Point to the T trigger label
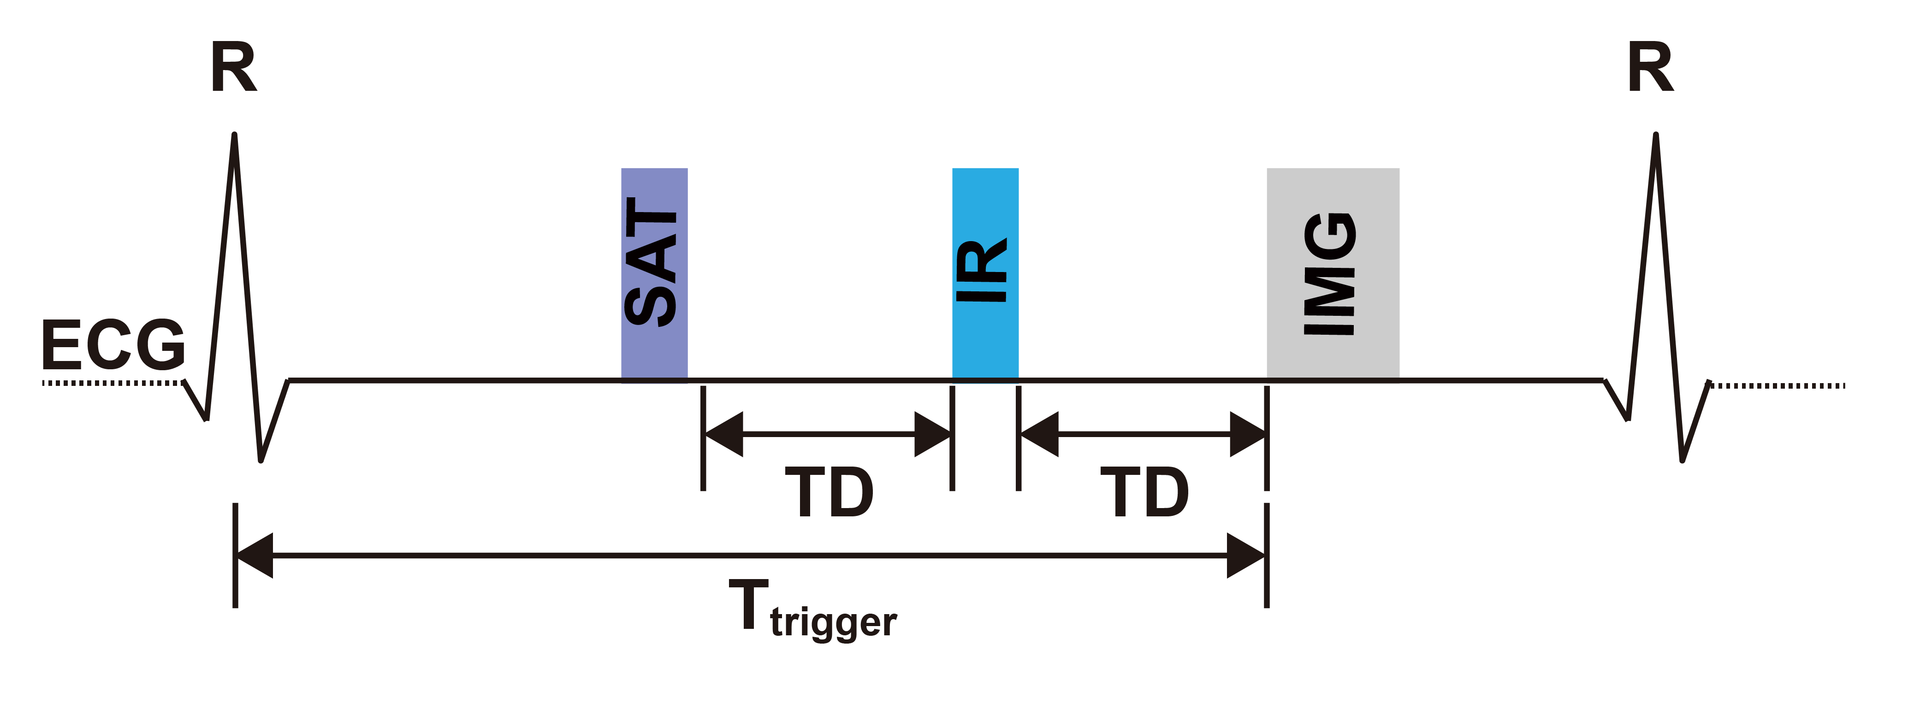(x=812, y=609)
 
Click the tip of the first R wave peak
(x=235, y=136)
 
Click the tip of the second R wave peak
(x=1655, y=136)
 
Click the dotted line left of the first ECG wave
(x=112, y=383)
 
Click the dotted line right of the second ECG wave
(x=1778, y=385)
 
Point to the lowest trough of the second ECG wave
(x=1682, y=460)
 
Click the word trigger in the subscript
(x=833, y=622)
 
